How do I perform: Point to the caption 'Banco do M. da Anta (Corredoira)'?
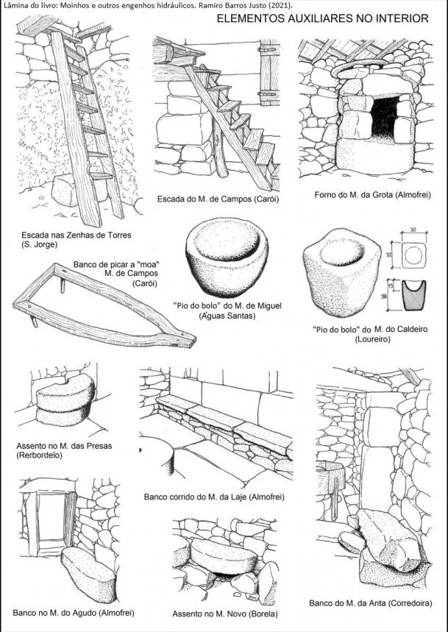[370, 603]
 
